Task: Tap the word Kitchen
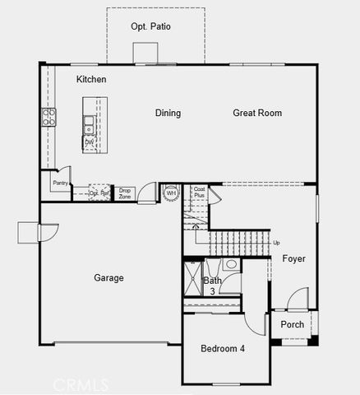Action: click(x=91, y=79)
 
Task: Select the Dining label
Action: click(x=168, y=113)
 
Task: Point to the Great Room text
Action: click(x=257, y=113)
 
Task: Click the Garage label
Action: click(x=108, y=277)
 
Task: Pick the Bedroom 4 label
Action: click(x=223, y=348)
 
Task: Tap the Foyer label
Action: click(x=293, y=258)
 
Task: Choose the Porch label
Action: click(x=292, y=324)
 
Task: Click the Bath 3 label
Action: click(x=212, y=286)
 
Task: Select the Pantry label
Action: click(x=59, y=183)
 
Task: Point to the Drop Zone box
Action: click(x=125, y=194)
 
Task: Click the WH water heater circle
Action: click(x=172, y=194)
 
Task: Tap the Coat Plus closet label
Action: click(x=199, y=193)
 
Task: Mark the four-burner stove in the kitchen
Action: click(x=48, y=117)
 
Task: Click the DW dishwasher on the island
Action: click(x=89, y=142)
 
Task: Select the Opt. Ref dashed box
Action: click(x=99, y=193)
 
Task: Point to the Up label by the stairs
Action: click(x=275, y=243)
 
